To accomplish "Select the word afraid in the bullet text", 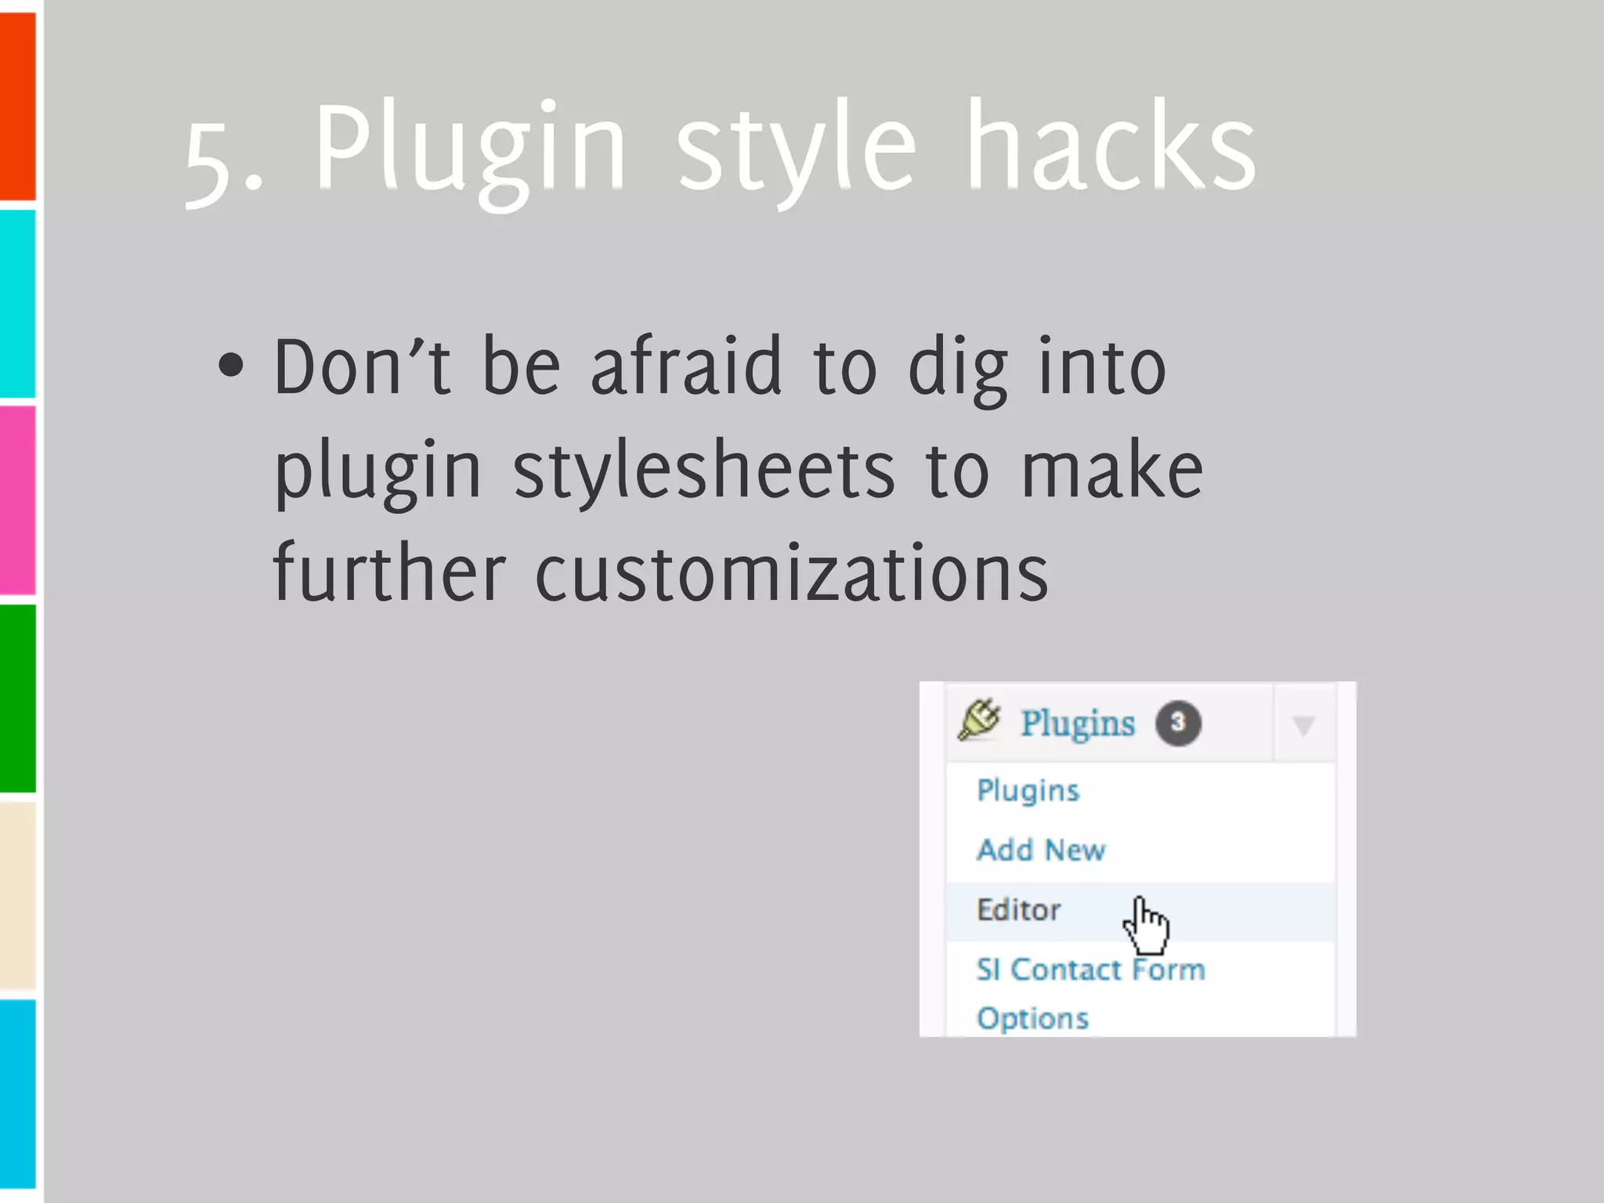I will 686,366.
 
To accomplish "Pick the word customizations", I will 791,573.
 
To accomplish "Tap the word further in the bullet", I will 389,573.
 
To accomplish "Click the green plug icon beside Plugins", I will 979,720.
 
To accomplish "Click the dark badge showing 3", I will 1178,723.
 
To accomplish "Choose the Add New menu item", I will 1041,850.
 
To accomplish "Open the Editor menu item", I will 1018,910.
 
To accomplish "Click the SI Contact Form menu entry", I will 1090,970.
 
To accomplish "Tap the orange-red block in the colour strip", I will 18,106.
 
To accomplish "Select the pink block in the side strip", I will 18,499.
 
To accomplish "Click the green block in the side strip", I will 18,697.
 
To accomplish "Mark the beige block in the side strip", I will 18,894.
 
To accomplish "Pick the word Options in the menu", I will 1032,1018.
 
